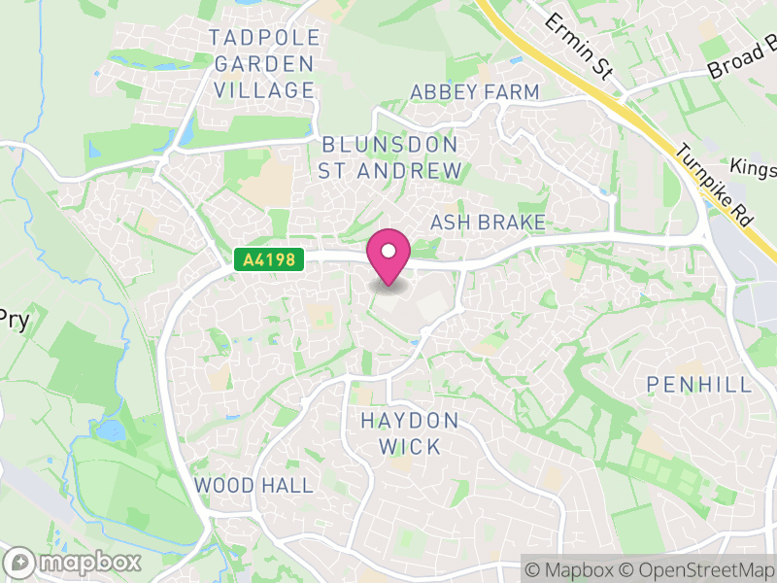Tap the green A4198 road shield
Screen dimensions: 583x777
[269, 259]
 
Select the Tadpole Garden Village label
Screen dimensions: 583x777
[263, 64]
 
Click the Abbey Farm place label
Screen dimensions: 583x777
[475, 92]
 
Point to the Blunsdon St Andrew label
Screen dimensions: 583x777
[390, 157]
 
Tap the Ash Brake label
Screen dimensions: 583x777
[488, 223]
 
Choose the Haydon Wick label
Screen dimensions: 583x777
[409, 433]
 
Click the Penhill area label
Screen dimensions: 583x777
[699, 385]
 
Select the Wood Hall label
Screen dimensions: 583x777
[253, 485]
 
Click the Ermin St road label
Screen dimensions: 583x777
[580, 46]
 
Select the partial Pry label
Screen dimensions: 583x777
[14, 319]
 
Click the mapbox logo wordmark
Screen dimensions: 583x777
[75, 562]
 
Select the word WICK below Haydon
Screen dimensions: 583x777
[409, 448]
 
